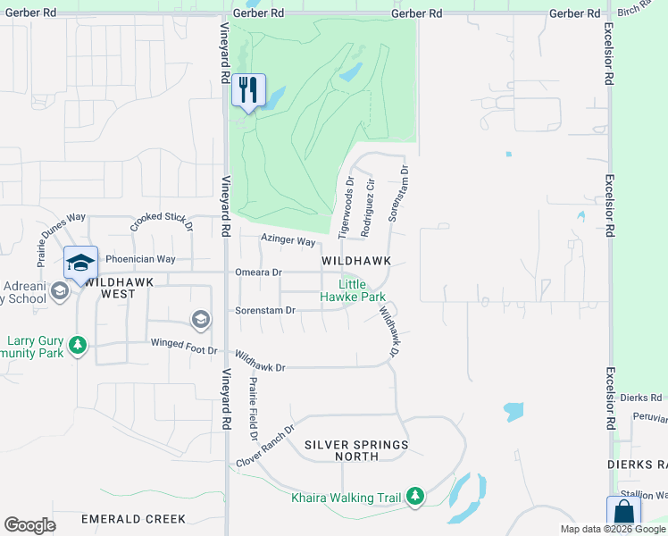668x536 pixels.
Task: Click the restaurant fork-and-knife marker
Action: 248,90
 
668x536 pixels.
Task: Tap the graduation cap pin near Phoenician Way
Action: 80,264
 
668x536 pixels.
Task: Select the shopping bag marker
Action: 623,514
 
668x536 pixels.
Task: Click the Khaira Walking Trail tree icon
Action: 414,496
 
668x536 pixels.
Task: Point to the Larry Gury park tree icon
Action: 78,345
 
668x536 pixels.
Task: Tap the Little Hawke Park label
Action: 361,290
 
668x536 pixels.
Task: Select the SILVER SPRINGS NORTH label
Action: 356,450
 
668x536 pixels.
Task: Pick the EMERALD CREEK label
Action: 133,519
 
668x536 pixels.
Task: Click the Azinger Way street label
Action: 288,241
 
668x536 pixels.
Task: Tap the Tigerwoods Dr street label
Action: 347,206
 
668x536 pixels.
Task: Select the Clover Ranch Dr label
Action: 266,446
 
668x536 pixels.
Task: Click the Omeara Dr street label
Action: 258,272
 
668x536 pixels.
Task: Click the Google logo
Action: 29,525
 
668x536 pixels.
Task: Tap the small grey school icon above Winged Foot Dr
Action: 200,319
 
